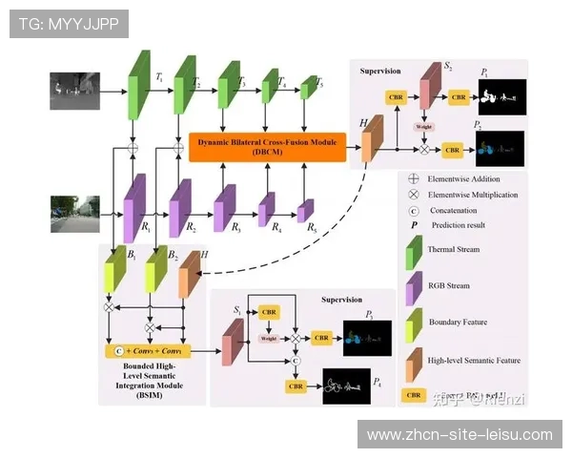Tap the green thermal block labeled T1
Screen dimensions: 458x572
(x=140, y=86)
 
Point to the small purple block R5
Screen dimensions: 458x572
(x=305, y=211)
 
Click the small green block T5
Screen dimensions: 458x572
(x=307, y=90)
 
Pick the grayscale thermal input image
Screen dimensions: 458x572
(x=75, y=91)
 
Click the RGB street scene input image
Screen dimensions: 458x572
(x=75, y=214)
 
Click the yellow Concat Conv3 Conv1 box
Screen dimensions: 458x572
(x=153, y=351)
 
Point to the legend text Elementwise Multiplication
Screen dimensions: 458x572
(x=473, y=195)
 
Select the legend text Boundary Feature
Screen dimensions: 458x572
(x=458, y=322)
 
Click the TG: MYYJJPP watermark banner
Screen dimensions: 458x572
(x=69, y=23)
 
